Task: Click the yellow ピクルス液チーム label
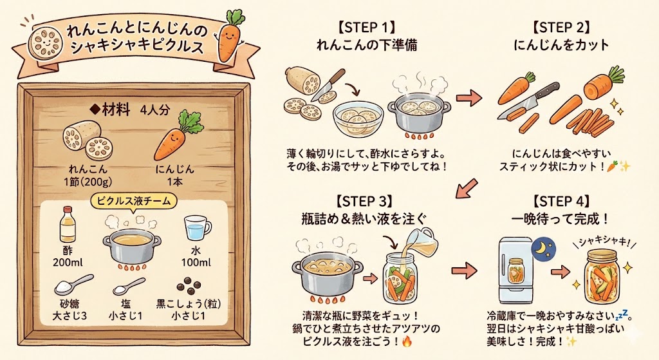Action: pos(133,202)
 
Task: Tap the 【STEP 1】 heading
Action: pos(364,29)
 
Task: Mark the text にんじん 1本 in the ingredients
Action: pos(174,175)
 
